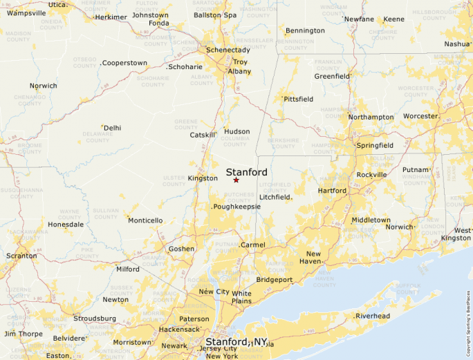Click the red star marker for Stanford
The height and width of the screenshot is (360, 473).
click(x=236, y=180)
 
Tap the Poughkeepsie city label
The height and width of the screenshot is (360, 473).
click(x=228, y=207)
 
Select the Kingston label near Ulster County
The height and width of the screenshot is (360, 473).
click(x=203, y=178)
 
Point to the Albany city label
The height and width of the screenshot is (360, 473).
click(x=240, y=71)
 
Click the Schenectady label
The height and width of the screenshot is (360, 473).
click(x=228, y=50)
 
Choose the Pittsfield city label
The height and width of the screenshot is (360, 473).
click(x=298, y=100)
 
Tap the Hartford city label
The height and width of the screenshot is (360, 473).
click(x=332, y=191)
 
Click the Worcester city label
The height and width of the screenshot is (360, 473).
click(x=420, y=116)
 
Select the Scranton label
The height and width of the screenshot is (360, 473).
click(x=21, y=256)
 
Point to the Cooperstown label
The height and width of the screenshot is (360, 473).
click(x=124, y=63)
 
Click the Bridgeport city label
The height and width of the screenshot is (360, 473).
click(x=275, y=280)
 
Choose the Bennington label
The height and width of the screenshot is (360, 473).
click(x=305, y=30)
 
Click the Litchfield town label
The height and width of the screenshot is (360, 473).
click(x=275, y=198)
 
